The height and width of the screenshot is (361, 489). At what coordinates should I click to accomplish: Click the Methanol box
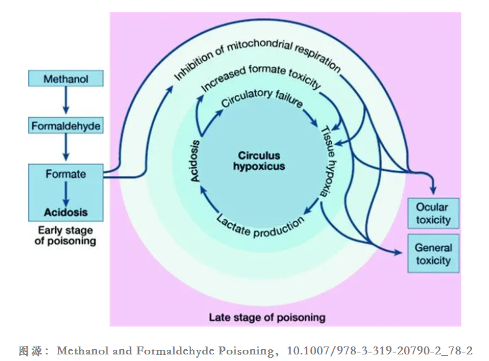tap(66, 78)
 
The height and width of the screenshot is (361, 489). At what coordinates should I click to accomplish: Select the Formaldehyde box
tap(66, 125)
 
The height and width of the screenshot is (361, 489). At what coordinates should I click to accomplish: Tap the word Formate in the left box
tap(66, 174)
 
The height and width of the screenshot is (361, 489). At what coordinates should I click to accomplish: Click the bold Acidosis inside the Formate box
tap(66, 212)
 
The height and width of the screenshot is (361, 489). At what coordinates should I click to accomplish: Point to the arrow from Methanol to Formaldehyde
tap(66, 100)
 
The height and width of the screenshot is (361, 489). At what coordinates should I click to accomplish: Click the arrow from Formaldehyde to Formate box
tap(66, 147)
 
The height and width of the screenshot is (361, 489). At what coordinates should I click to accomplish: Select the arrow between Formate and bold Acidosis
tap(66, 193)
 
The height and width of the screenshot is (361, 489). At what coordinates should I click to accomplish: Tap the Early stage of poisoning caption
tap(65, 235)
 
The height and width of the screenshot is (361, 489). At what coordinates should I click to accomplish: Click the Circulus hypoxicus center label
tap(259, 161)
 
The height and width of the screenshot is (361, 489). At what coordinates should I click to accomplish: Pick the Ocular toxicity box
tap(434, 213)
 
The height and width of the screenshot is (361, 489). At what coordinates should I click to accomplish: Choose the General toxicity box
tap(434, 254)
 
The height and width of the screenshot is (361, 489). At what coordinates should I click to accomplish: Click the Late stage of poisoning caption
tap(267, 318)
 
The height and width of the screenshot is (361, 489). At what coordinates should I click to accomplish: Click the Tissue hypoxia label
tap(328, 161)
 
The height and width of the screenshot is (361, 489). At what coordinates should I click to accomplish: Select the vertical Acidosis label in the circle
tap(195, 161)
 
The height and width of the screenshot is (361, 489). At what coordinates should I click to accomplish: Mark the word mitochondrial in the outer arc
tap(260, 46)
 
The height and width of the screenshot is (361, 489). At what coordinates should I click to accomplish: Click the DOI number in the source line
tap(380, 350)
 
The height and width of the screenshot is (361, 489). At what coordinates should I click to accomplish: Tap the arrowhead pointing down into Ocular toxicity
tap(433, 190)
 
